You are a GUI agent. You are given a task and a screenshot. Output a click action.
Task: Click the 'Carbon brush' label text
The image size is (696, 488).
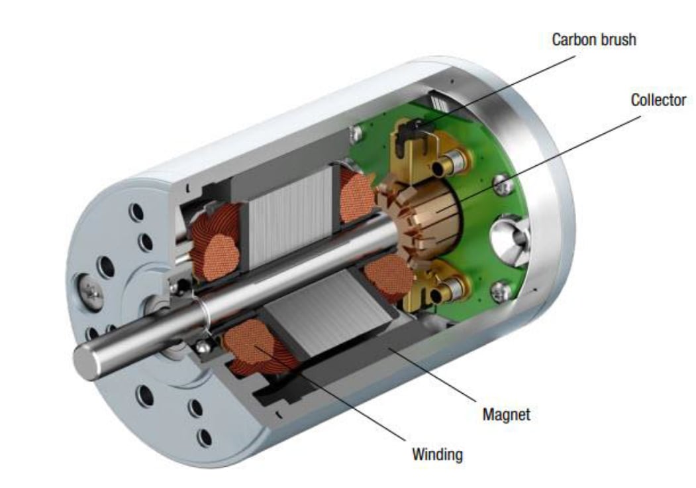594,40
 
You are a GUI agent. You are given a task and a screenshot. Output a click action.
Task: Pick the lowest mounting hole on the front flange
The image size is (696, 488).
205,437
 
